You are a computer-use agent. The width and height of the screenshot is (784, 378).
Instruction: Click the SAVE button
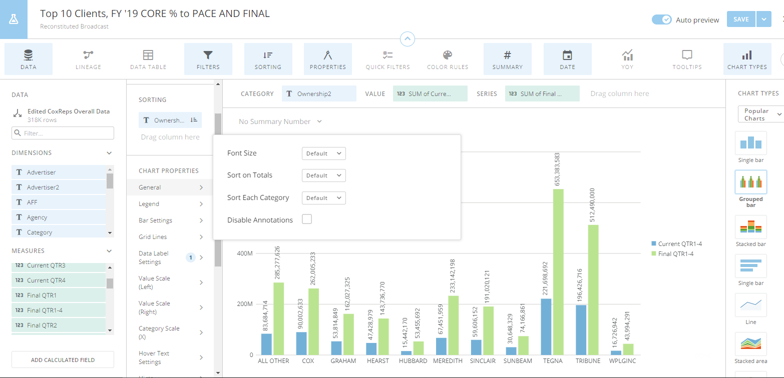click(x=740, y=19)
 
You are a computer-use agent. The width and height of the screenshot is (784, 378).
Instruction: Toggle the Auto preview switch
click(x=661, y=19)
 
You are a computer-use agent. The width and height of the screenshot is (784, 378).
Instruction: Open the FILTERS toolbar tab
click(x=208, y=59)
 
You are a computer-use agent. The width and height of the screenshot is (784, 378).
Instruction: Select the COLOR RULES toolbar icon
click(x=447, y=59)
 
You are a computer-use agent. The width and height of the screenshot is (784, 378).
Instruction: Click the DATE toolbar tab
click(x=567, y=59)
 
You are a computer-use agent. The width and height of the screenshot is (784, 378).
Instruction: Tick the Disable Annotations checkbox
click(x=307, y=219)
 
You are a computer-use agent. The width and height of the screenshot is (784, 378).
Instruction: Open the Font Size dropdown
click(x=323, y=153)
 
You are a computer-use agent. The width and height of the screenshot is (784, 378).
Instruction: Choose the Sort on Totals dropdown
click(x=323, y=175)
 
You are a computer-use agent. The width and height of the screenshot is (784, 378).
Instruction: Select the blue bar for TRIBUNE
click(x=581, y=329)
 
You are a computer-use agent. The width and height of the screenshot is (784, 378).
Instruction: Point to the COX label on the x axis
click(x=308, y=360)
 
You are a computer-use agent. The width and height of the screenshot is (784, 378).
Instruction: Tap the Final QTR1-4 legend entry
click(x=675, y=253)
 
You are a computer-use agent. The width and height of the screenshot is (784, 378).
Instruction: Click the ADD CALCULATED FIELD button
click(x=63, y=359)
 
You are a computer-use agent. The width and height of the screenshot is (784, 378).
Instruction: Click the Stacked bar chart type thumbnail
click(x=750, y=227)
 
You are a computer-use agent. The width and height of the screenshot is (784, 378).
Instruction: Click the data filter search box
click(x=63, y=133)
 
